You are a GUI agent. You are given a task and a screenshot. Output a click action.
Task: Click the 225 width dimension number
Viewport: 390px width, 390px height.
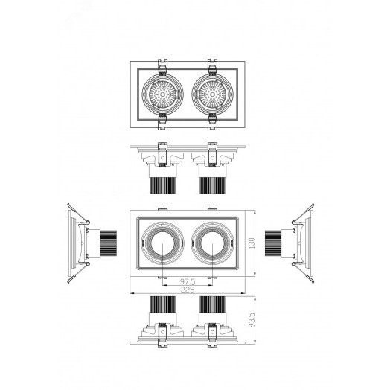tap(188, 290)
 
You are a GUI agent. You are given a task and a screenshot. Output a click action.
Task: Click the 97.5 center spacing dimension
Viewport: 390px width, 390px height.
tap(188, 282)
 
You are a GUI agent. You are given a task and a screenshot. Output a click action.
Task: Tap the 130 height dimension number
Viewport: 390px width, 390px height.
tap(252, 243)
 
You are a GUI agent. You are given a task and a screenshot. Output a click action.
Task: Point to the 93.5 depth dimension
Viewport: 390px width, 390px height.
tap(252, 320)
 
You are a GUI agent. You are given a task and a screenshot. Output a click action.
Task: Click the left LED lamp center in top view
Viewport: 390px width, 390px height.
tap(162, 95)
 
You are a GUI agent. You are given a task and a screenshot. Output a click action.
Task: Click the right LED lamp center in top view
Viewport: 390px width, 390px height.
tap(212, 95)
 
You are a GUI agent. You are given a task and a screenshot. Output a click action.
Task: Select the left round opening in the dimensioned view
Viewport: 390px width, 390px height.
tap(162, 243)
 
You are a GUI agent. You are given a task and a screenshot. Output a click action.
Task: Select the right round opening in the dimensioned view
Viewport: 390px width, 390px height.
tap(212, 243)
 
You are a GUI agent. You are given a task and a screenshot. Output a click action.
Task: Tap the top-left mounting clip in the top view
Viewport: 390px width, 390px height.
tap(162, 67)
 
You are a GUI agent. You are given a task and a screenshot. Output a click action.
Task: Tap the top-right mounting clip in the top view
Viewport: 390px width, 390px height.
tap(212, 67)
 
